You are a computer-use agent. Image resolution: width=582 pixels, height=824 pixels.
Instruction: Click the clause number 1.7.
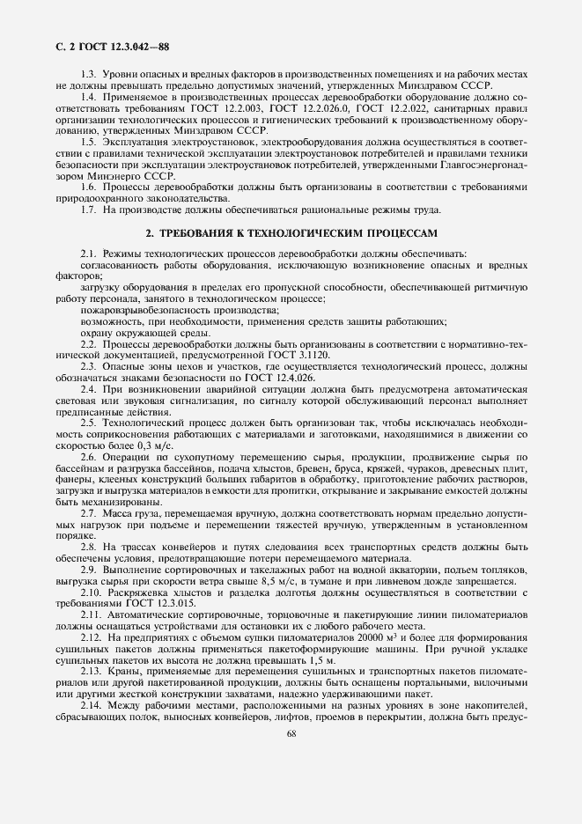click(x=89, y=209)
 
